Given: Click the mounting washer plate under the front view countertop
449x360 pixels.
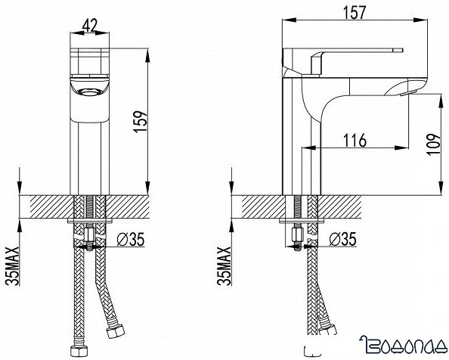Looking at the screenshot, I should [91, 223].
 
